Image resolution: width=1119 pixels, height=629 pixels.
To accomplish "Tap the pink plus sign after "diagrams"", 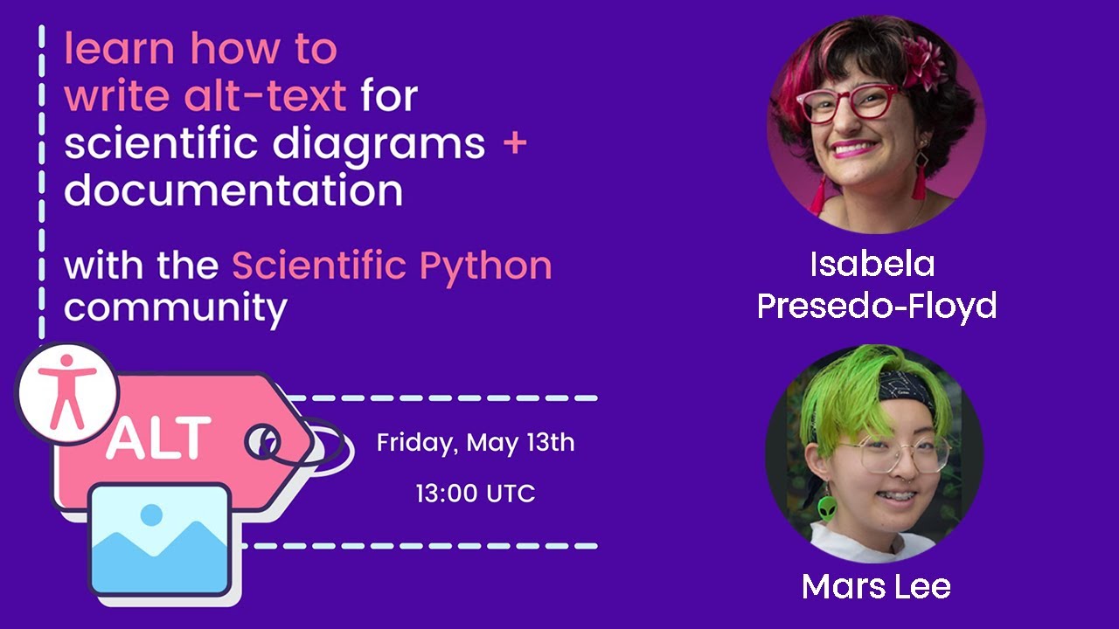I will tap(515, 142).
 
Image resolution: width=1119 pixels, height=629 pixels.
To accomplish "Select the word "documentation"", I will tap(233, 190).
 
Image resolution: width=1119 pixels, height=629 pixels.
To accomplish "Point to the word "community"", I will tap(175, 307).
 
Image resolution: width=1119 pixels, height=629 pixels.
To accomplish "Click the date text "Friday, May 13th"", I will tap(476, 443).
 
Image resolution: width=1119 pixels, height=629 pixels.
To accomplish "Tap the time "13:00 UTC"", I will tap(476, 494).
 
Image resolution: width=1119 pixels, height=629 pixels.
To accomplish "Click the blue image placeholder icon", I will tap(161, 538).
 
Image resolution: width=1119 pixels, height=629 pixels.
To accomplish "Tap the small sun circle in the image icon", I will tap(151, 515).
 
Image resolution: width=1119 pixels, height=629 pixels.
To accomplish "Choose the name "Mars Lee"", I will tap(876, 586).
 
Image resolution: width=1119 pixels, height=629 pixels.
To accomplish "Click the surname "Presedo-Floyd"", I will tap(877, 306).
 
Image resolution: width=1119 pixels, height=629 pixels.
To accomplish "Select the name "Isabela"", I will tap(872, 264).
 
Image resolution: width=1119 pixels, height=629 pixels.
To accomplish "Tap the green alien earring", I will tap(826, 509).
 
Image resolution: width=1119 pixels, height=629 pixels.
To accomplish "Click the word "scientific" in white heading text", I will tap(161, 142).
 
